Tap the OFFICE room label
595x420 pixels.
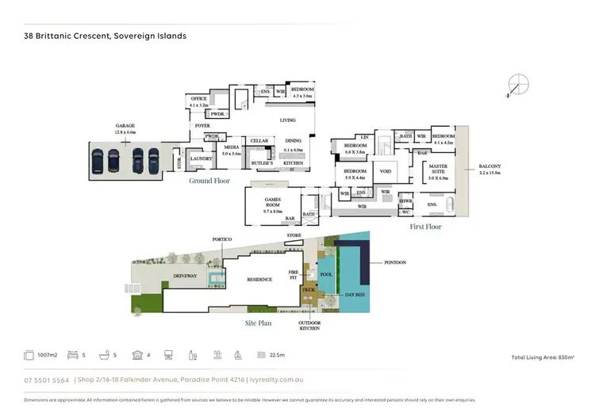coord(198,101)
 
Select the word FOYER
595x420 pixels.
coord(202,127)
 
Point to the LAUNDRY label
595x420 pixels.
coord(202,158)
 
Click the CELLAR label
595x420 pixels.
coord(259,140)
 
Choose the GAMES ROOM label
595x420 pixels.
coord(273,202)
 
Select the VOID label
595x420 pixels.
coord(386,171)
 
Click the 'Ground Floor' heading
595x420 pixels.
coord(209,181)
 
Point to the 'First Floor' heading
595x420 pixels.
coord(425,227)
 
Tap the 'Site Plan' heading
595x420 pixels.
coord(261,325)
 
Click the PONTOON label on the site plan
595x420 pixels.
coord(394,262)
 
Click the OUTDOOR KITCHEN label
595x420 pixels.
coord(309,325)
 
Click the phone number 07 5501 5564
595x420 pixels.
coord(46,380)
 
